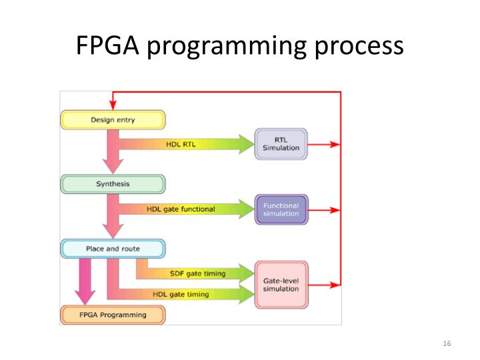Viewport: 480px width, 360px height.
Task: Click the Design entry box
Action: [111, 120]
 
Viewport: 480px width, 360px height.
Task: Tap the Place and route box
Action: [111, 249]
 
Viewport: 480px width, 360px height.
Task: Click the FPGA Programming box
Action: [111, 313]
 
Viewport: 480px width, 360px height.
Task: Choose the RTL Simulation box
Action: [281, 144]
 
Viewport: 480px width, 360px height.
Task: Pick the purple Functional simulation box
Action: [281, 209]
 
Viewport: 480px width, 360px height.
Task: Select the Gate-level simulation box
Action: [281, 285]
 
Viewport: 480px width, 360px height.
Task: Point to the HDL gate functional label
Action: [181, 209]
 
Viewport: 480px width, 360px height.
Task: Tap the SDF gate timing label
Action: [198, 273]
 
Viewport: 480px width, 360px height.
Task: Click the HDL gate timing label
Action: [181, 294]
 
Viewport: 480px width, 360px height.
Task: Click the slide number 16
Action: [447, 343]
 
